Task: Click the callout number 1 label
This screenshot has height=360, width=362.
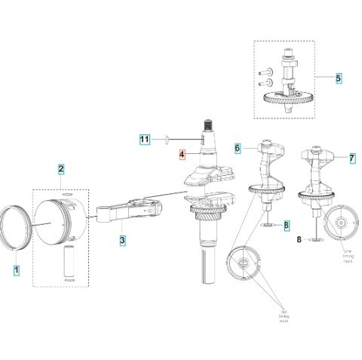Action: point(17,269)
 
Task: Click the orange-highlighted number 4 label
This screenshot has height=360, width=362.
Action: point(181,156)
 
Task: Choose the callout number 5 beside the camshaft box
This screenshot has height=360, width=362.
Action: point(339,78)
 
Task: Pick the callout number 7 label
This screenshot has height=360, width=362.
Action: point(351,158)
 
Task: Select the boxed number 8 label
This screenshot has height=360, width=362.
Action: point(286,226)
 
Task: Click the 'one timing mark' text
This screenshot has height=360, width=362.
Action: point(349,256)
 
